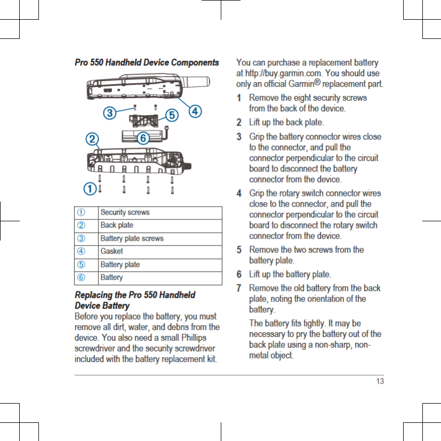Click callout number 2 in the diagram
tap(93, 138)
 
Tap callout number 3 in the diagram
tap(110, 113)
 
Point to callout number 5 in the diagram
tap(171, 115)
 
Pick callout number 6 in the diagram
tap(143, 138)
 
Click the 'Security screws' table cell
tap(125, 213)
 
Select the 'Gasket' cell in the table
tap(111, 251)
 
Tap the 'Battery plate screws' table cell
tap(132, 238)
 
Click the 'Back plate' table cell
tap(117, 225)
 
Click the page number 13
tap(379, 381)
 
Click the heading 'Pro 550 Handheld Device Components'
tap(146, 63)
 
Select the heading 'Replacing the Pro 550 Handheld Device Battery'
tap(135, 300)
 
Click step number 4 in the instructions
tap(240, 193)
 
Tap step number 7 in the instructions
tap(240, 288)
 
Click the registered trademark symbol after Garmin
tap(323, 82)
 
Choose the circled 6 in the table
tap(83, 277)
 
